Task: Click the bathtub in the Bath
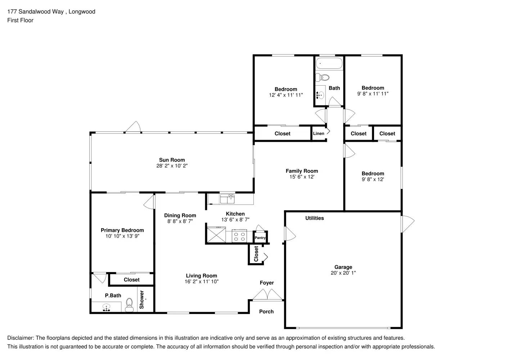point(329,64)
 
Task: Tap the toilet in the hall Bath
point(323,77)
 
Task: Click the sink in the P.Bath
point(106,307)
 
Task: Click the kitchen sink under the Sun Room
point(227,199)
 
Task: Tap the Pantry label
point(260,238)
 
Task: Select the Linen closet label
point(319,134)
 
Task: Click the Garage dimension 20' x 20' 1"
point(343,273)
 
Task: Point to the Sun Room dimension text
point(172,166)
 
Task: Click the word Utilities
point(314,218)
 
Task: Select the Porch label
point(266,312)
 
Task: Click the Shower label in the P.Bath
point(141,300)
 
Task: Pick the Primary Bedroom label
point(122,230)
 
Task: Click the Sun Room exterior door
point(133,127)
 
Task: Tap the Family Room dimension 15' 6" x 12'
point(302,177)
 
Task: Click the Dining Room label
point(180,216)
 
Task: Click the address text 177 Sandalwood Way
point(36,12)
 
